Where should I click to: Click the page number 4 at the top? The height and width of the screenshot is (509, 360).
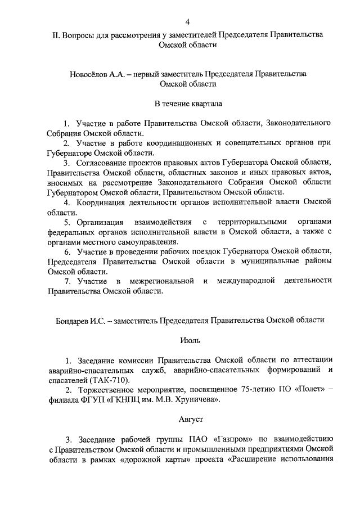[187, 22]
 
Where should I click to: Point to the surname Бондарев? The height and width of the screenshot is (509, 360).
[71, 320]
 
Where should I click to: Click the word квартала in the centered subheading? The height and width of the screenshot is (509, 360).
[206, 104]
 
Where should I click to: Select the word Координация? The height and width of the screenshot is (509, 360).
[104, 201]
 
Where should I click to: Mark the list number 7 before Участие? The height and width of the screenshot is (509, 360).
[67, 281]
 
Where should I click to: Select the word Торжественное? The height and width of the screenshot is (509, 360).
[107, 390]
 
